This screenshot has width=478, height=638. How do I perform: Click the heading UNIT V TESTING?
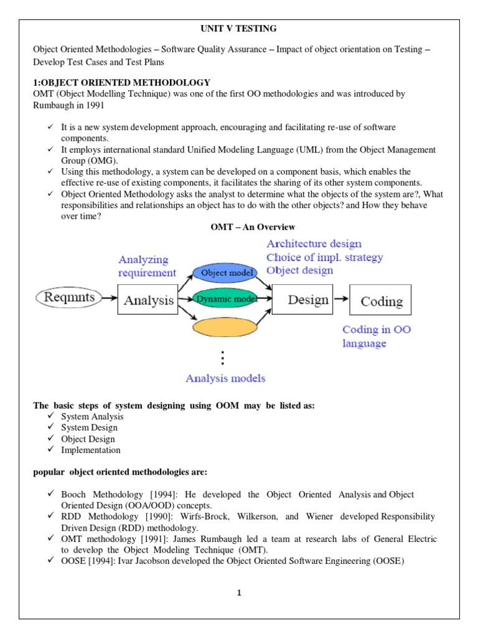pos(238,29)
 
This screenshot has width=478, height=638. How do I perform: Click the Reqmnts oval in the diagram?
pos(69,298)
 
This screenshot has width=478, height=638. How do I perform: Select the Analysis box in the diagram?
pos(148,300)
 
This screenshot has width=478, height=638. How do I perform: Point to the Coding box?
pos(381,302)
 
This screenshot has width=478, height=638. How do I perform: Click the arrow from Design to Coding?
pos(340,300)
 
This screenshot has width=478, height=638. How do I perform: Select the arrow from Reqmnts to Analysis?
pos(109,298)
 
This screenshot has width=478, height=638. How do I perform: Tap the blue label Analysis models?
pos(225,378)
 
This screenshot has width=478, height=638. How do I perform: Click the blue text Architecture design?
pos(314,244)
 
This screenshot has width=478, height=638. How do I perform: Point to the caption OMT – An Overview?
pos(253,227)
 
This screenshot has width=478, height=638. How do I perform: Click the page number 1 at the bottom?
pos(238,593)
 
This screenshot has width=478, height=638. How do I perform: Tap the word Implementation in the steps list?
pos(90,450)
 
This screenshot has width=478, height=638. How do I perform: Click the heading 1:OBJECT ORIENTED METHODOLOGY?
pos(121,83)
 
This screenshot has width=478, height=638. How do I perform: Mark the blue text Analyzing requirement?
pos(148,266)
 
